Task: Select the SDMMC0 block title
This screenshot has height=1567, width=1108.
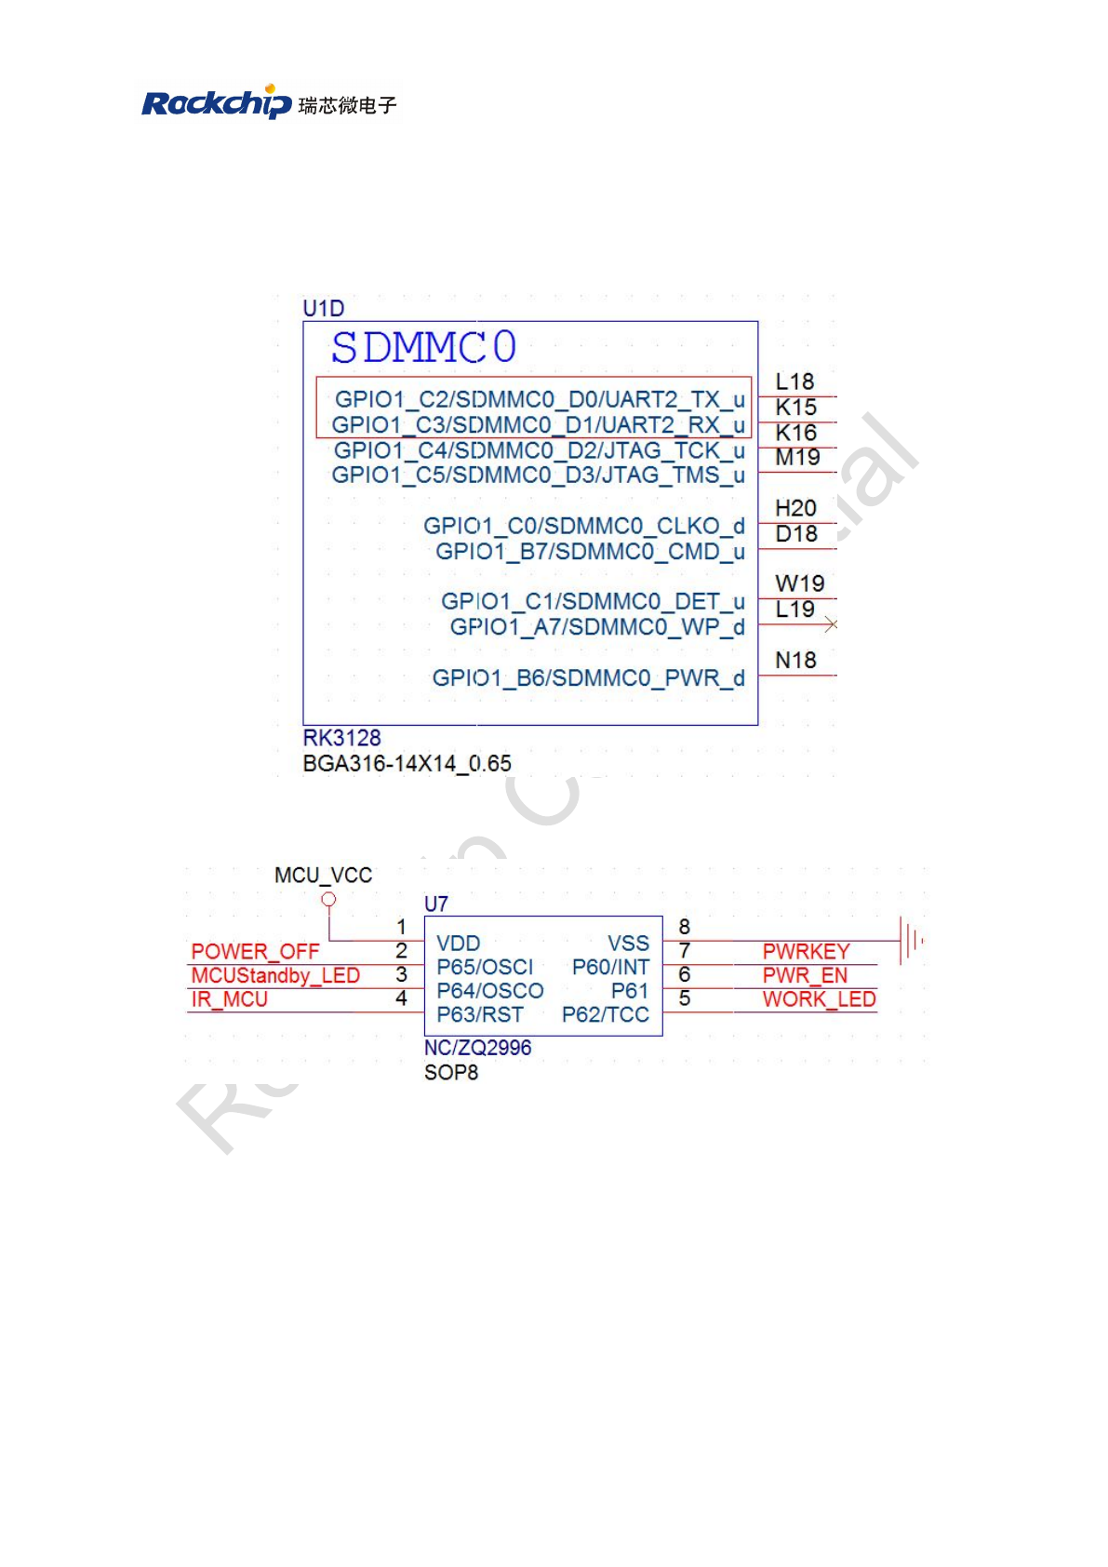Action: pyautogui.click(x=423, y=347)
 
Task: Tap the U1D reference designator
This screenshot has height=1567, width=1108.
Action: pyautogui.click(x=323, y=308)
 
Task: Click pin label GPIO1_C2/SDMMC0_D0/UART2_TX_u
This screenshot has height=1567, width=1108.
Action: pyautogui.click(x=540, y=399)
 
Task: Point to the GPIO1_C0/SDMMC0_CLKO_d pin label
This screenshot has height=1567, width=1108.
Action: pyautogui.click(x=583, y=526)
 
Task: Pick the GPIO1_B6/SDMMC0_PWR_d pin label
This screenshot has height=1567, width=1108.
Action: pyautogui.click(x=588, y=678)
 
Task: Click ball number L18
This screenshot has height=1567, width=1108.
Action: pyautogui.click(x=794, y=382)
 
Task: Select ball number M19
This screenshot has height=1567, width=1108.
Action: pyautogui.click(x=797, y=457)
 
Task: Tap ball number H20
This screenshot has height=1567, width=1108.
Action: pyautogui.click(x=795, y=508)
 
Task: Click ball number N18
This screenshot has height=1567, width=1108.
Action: pyautogui.click(x=795, y=660)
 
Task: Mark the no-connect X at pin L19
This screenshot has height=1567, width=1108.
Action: pyautogui.click(x=831, y=624)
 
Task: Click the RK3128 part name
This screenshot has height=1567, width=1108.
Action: pyautogui.click(x=341, y=738)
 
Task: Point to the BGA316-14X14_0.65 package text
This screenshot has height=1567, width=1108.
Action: pyautogui.click(x=407, y=764)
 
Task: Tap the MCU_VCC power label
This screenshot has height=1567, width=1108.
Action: pyautogui.click(x=323, y=876)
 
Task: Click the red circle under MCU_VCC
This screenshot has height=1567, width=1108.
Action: pyautogui.click(x=328, y=899)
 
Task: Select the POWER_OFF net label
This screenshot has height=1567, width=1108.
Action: pyautogui.click(x=255, y=951)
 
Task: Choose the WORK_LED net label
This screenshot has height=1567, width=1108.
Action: pyautogui.click(x=819, y=999)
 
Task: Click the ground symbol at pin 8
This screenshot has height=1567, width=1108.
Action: pyautogui.click(x=910, y=940)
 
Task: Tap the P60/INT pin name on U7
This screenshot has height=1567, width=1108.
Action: pyautogui.click(x=610, y=967)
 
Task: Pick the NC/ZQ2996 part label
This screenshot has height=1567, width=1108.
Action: pyautogui.click(x=477, y=1048)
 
